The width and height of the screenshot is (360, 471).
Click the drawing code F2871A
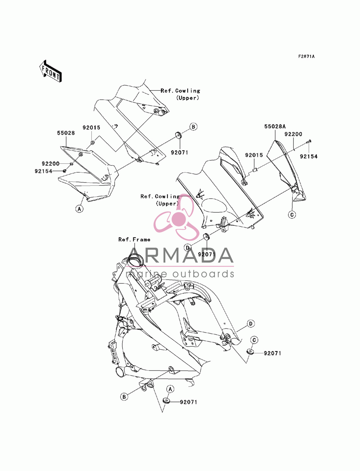point(306,56)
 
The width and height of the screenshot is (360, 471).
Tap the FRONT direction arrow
point(50,72)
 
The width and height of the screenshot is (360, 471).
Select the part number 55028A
point(275,126)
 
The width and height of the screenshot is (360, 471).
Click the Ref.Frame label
point(134,240)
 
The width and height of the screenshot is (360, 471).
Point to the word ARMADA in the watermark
point(180,255)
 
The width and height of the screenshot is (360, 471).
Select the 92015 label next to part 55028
point(91,128)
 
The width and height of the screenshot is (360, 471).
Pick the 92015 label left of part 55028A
point(254,155)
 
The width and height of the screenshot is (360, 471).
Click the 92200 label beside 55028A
point(293,134)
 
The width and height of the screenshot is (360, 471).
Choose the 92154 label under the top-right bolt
point(309,157)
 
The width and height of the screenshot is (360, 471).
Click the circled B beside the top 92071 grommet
point(193,127)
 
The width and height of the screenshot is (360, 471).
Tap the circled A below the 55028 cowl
point(80,208)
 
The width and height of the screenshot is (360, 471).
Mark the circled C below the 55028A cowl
point(292,214)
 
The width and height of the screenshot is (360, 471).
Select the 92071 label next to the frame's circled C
point(273,353)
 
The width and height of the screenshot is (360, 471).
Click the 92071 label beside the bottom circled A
point(189,402)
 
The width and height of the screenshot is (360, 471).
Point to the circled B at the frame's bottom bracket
point(124,397)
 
